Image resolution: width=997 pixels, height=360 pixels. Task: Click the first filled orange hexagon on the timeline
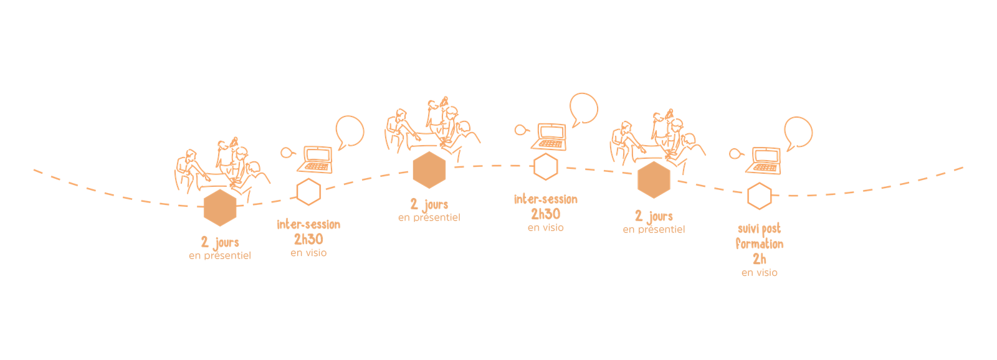pyautogui.click(x=220, y=208)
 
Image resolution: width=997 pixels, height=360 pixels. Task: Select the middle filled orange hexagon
pyautogui.click(x=429, y=170)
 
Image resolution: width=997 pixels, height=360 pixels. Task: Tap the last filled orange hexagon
pyautogui.click(x=654, y=180)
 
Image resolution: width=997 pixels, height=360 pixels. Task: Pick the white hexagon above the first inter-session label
pyautogui.click(x=308, y=192)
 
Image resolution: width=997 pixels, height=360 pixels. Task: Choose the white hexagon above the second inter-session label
pyautogui.click(x=545, y=167)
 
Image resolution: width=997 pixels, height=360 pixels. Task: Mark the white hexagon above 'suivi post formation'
pyautogui.click(x=758, y=197)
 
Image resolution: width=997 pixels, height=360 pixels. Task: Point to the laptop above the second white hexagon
pyautogui.click(x=550, y=137)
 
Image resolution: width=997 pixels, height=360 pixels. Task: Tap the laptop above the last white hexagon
pyautogui.click(x=765, y=161)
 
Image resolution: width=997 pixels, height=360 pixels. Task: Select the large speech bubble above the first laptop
pyautogui.click(x=349, y=131)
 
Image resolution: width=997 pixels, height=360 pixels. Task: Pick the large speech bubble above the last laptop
pyautogui.click(x=798, y=132)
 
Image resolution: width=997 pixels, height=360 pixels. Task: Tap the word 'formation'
pyautogui.click(x=759, y=244)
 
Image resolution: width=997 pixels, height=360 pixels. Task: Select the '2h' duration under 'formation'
pyautogui.click(x=758, y=258)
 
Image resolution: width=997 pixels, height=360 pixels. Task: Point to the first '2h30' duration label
pyautogui.click(x=308, y=239)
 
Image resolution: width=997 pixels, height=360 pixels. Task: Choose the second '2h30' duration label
pyautogui.click(x=545, y=214)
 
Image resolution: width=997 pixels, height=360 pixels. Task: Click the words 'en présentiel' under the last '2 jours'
pyautogui.click(x=654, y=230)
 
